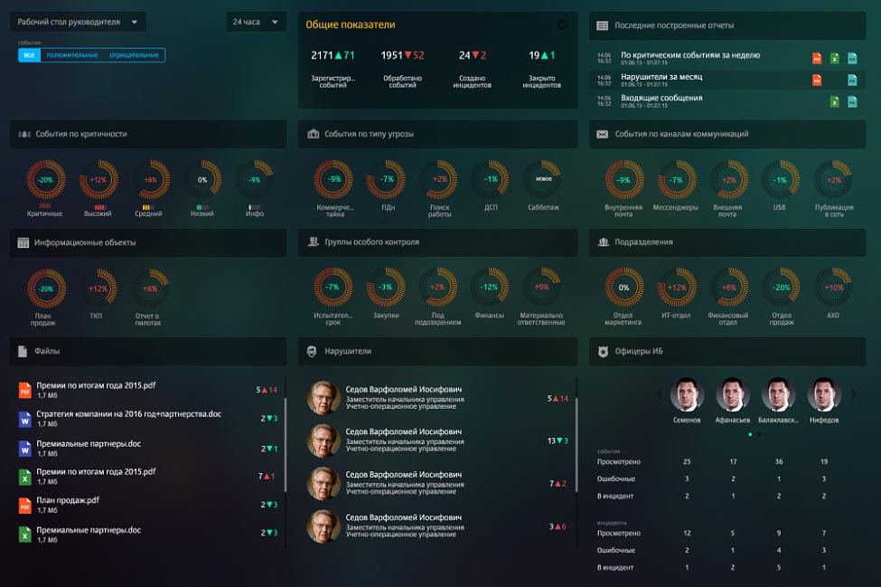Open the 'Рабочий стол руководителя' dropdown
pos(78,22)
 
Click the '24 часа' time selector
pos(256,22)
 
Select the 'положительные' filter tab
pos(72,55)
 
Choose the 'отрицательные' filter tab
pos(134,55)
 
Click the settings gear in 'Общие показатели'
pos(563,25)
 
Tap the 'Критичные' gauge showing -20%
pos(45,180)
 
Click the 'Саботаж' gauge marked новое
pos(543,179)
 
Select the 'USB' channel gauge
pos(780,180)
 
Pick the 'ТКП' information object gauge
pos(98,289)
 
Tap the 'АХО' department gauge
pos(833,288)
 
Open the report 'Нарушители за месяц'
pos(661,77)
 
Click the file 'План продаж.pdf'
pos(68,500)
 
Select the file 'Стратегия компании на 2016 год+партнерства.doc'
pos(128,414)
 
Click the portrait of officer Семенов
pos(687,395)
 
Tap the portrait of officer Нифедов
pos(824,395)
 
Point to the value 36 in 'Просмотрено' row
pos(779,461)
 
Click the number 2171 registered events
pos(323,55)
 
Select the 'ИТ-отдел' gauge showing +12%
pos(675,288)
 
